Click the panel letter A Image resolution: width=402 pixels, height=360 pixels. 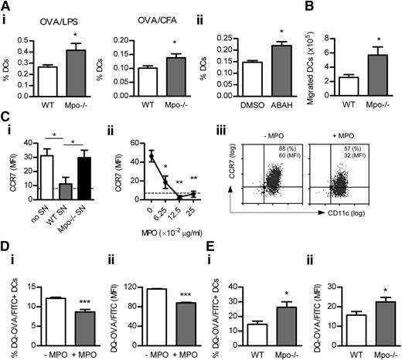pyautogui.click(x=7, y=7)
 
